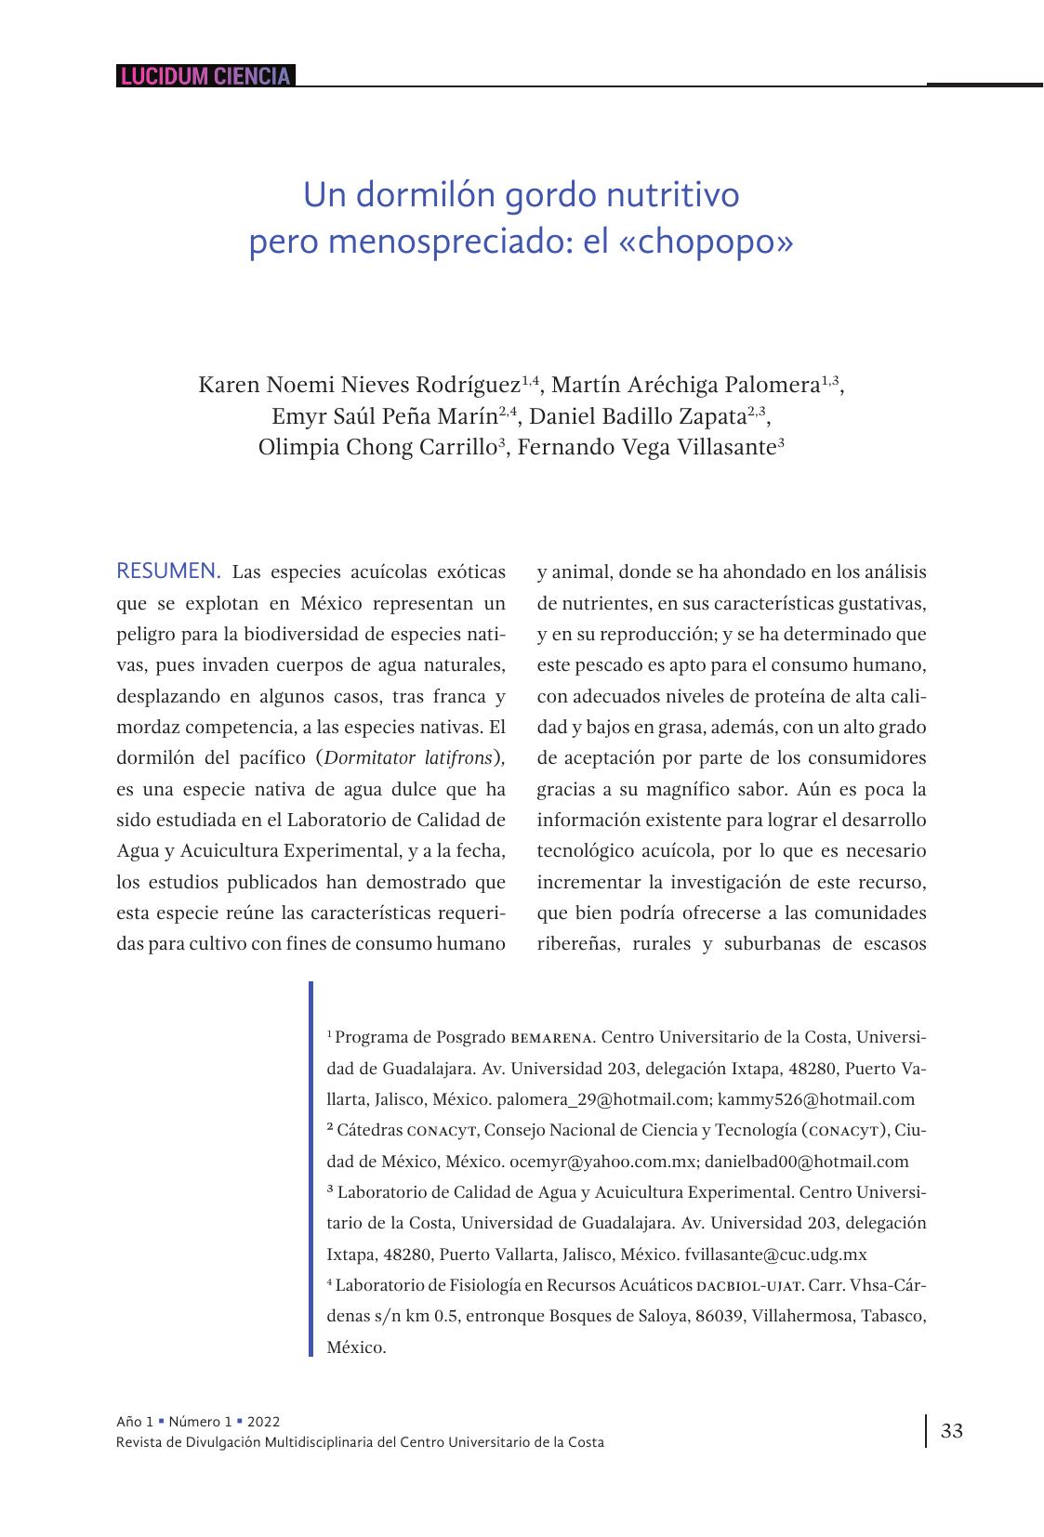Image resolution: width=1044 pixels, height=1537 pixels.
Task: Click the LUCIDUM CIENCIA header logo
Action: pyautogui.click(x=205, y=76)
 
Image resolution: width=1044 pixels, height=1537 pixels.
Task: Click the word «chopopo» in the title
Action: pyautogui.click(x=706, y=242)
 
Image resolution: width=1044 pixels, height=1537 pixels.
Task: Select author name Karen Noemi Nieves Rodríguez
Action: pyautogui.click(x=359, y=385)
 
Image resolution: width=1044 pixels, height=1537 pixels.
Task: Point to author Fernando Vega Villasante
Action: pyautogui.click(x=645, y=448)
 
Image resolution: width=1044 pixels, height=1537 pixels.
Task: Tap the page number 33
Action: pyautogui.click(x=952, y=1430)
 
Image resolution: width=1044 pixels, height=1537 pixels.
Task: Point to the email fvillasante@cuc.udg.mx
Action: pyautogui.click(x=775, y=1255)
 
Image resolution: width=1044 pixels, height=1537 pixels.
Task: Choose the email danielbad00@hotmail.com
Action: pyautogui.click(x=806, y=1162)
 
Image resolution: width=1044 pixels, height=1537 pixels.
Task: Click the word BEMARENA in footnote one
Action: pyautogui.click(x=552, y=1037)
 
